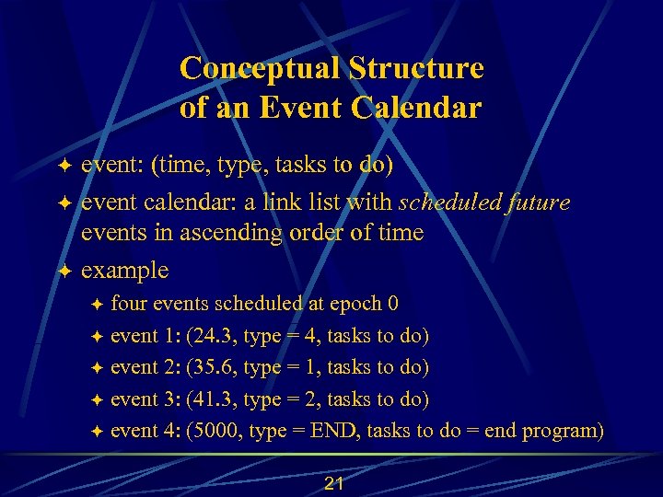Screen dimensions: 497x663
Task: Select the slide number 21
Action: pyautogui.click(x=333, y=484)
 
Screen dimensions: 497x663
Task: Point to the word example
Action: pyautogui.click(x=124, y=271)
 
